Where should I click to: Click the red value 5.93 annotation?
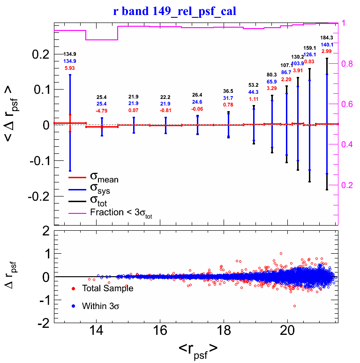pos(70,68)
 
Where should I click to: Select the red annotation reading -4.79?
pos(102,111)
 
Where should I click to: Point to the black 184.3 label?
pos(326,38)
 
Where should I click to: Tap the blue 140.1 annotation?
pos(326,45)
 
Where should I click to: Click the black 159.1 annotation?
pos(309,48)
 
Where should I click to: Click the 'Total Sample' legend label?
pos(107,288)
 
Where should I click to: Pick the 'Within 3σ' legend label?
pos(103,306)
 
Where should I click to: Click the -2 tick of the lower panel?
pos(43,323)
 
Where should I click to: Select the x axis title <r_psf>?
pos(197,348)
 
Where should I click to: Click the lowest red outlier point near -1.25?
pos(294,306)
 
